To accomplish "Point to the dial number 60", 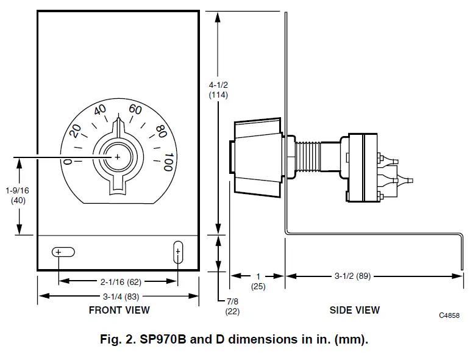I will (x=135, y=110).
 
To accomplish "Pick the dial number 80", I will (x=161, y=131).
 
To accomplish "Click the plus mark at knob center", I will (x=118, y=157).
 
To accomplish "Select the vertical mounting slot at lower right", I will (x=178, y=252).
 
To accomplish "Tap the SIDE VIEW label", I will (x=354, y=310).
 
